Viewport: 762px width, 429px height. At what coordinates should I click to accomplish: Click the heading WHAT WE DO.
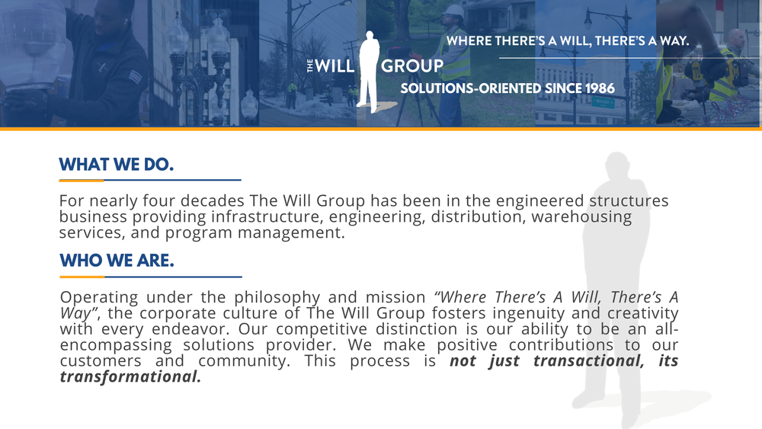(117, 165)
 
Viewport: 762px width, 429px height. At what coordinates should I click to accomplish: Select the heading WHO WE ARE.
(117, 261)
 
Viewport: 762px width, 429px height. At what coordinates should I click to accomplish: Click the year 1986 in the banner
(600, 88)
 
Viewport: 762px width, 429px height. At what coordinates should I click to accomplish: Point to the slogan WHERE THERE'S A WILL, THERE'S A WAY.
(567, 40)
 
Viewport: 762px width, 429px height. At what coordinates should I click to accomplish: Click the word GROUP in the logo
(411, 66)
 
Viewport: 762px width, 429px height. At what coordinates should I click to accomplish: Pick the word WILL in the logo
(335, 66)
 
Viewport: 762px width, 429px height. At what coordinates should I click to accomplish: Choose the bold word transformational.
(130, 376)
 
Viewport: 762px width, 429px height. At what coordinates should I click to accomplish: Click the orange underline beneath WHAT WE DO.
(82, 181)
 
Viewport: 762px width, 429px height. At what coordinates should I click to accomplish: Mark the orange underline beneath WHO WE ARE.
(82, 277)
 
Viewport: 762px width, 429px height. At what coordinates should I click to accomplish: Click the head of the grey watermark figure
(620, 166)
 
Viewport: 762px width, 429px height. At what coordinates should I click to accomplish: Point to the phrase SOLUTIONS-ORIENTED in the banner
(470, 88)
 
